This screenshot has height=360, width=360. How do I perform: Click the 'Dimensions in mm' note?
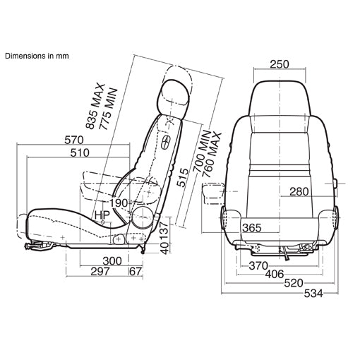pyautogui.click(x=37, y=56)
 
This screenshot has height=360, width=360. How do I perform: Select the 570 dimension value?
pyautogui.click(x=74, y=140)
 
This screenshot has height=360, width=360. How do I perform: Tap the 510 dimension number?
pyautogui.click(x=80, y=153)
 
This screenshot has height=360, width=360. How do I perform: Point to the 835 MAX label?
pyautogui.click(x=95, y=106)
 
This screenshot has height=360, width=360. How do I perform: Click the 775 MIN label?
pyautogui.click(x=108, y=109)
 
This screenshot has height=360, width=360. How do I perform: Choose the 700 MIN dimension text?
pyautogui.click(x=202, y=151)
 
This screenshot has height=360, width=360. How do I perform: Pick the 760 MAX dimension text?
pyautogui.click(x=212, y=155)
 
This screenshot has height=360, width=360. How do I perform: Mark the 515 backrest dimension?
pyautogui.click(x=183, y=178)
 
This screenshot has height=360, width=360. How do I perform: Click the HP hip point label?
pyautogui.click(x=102, y=215)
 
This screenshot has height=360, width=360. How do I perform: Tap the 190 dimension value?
pyautogui.click(x=119, y=203)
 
